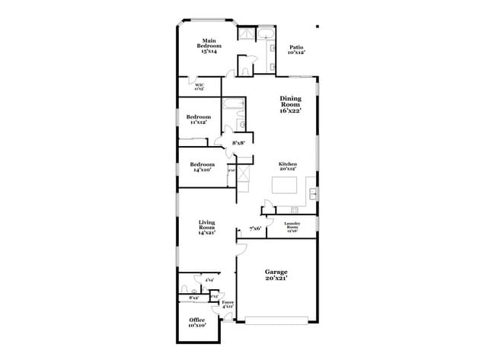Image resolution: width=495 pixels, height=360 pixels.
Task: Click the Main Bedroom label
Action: click(209, 46)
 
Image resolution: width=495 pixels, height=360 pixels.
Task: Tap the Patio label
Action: click(296, 50)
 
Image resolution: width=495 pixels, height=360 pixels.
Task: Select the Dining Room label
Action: click(290, 104)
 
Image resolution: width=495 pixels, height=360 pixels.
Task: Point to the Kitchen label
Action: click(287, 167)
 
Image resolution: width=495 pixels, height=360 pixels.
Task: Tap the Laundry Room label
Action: click(292, 227)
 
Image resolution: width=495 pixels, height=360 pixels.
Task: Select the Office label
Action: click(197, 322)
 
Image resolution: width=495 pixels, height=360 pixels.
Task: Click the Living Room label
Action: click(207, 227)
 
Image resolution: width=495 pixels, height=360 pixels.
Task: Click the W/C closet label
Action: click(200, 87)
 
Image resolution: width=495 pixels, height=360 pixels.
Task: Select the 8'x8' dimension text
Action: click(239, 143)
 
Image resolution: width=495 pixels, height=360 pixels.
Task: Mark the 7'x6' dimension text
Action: click(256, 228)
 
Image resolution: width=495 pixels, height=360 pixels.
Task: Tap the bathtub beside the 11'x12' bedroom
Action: click(232, 104)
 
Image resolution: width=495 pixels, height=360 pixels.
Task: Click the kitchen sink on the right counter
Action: click(313, 190)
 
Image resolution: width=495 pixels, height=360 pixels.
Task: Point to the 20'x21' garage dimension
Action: click(275, 279)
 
